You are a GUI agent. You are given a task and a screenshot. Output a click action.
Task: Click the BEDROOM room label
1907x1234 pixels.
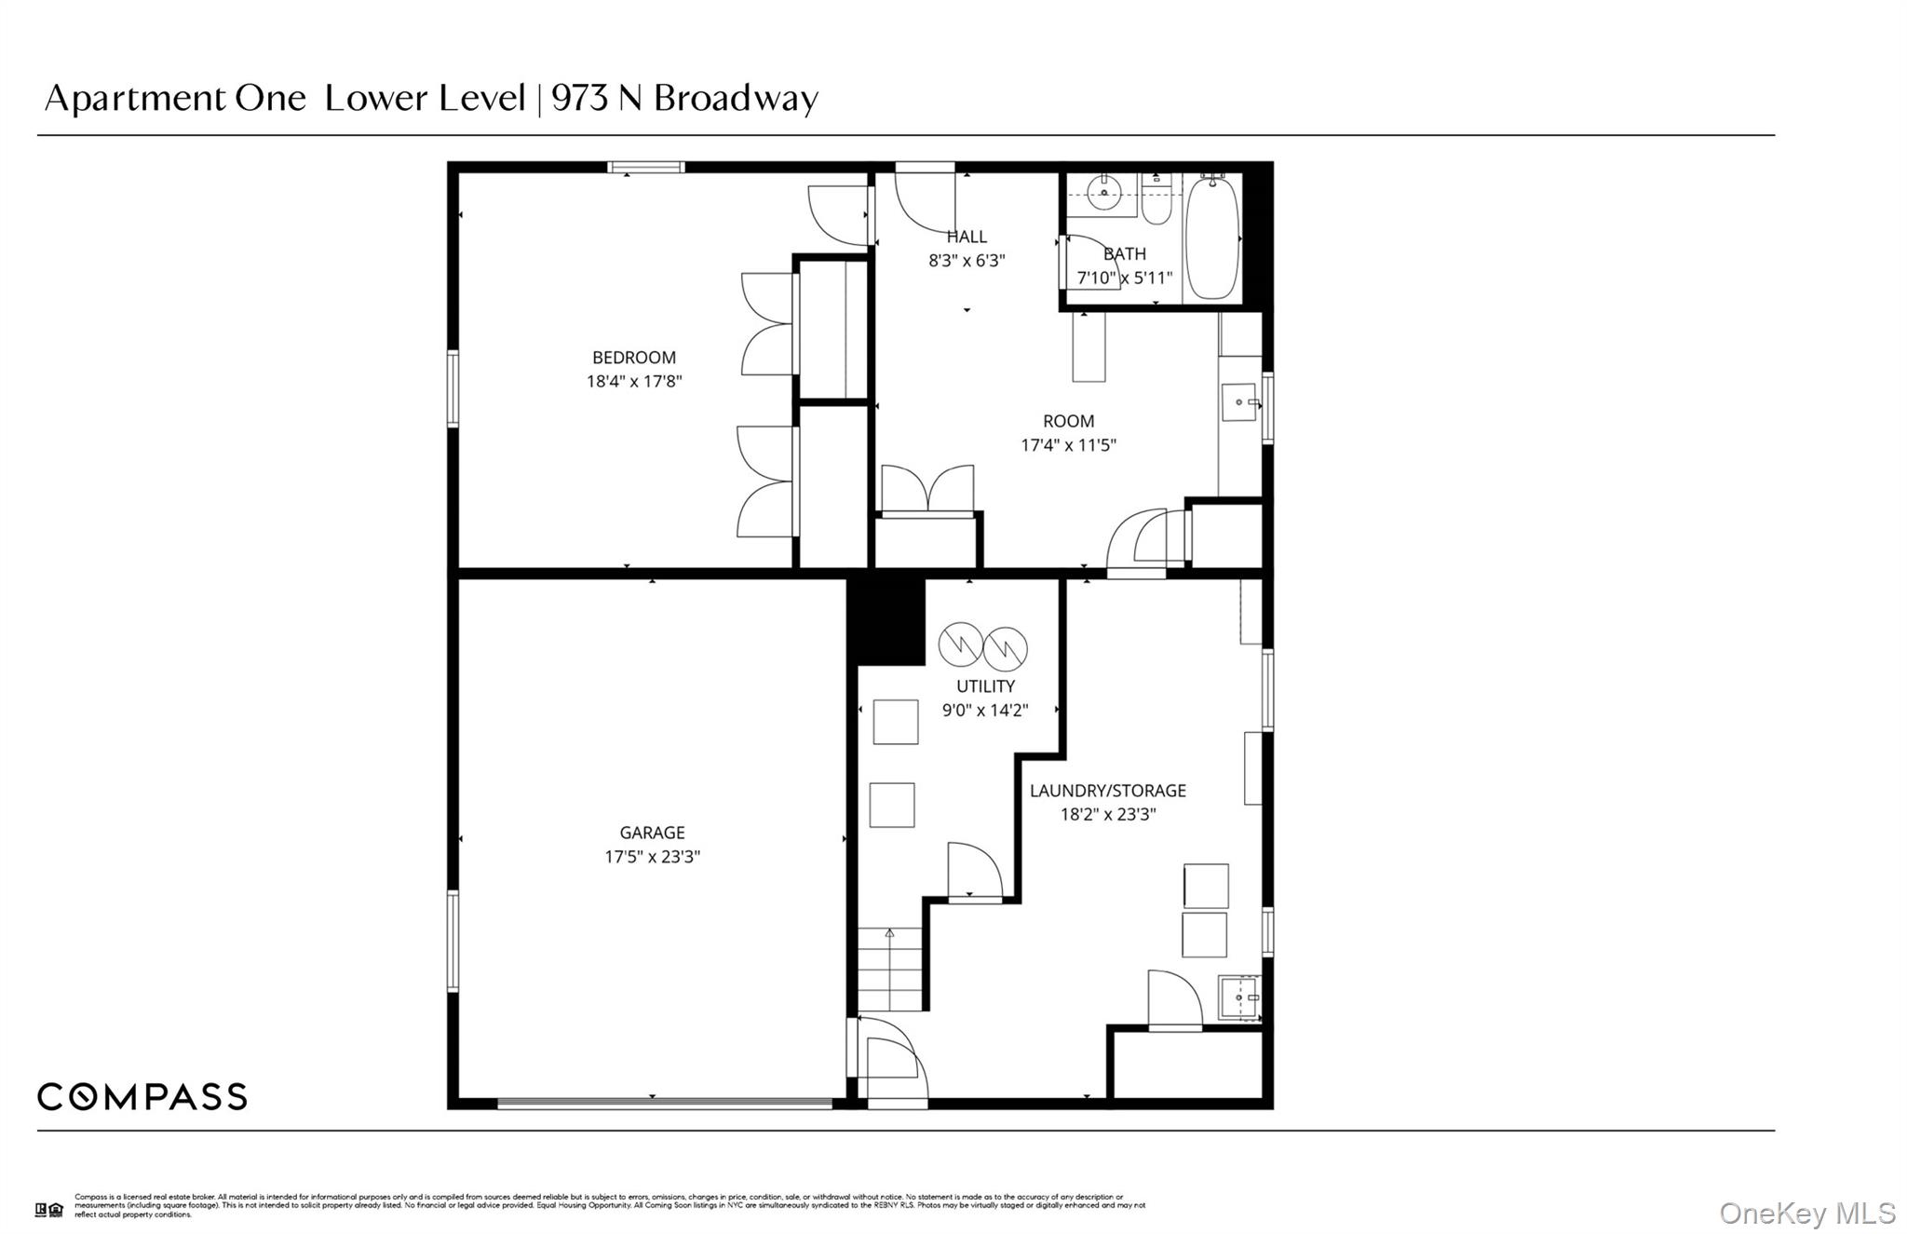633,358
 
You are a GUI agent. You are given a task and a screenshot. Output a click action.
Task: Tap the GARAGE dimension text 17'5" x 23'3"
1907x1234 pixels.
652,857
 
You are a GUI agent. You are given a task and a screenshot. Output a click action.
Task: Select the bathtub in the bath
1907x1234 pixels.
1211,237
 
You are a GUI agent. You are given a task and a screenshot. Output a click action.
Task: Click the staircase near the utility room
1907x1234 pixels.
890,969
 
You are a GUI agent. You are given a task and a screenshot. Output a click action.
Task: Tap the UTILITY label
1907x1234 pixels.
985,686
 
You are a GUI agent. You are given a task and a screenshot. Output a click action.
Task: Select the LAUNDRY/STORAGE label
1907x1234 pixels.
1107,791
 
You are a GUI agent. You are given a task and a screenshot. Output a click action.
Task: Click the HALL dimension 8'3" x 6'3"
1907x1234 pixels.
967,261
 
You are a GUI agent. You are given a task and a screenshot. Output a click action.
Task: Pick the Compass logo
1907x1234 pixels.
142,1096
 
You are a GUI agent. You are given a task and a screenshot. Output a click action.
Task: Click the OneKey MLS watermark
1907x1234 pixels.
1806,1213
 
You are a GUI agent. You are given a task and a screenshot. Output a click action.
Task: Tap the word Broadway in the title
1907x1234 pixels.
736,98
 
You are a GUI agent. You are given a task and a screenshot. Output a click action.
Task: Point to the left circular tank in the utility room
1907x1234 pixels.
959,644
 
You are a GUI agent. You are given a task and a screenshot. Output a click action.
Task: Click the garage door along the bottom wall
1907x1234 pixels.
664,1104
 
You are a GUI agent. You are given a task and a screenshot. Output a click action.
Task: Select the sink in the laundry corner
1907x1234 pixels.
1239,997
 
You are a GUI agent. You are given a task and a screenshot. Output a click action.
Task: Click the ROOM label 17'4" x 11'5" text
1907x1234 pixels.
1068,445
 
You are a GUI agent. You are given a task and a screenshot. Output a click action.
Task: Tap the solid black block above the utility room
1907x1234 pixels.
885,620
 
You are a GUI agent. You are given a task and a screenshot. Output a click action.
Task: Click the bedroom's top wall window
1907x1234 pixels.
646,168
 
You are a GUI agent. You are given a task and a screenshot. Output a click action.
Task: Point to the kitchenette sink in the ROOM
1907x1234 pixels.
1238,402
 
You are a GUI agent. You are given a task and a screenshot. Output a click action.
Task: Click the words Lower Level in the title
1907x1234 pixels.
425,98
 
